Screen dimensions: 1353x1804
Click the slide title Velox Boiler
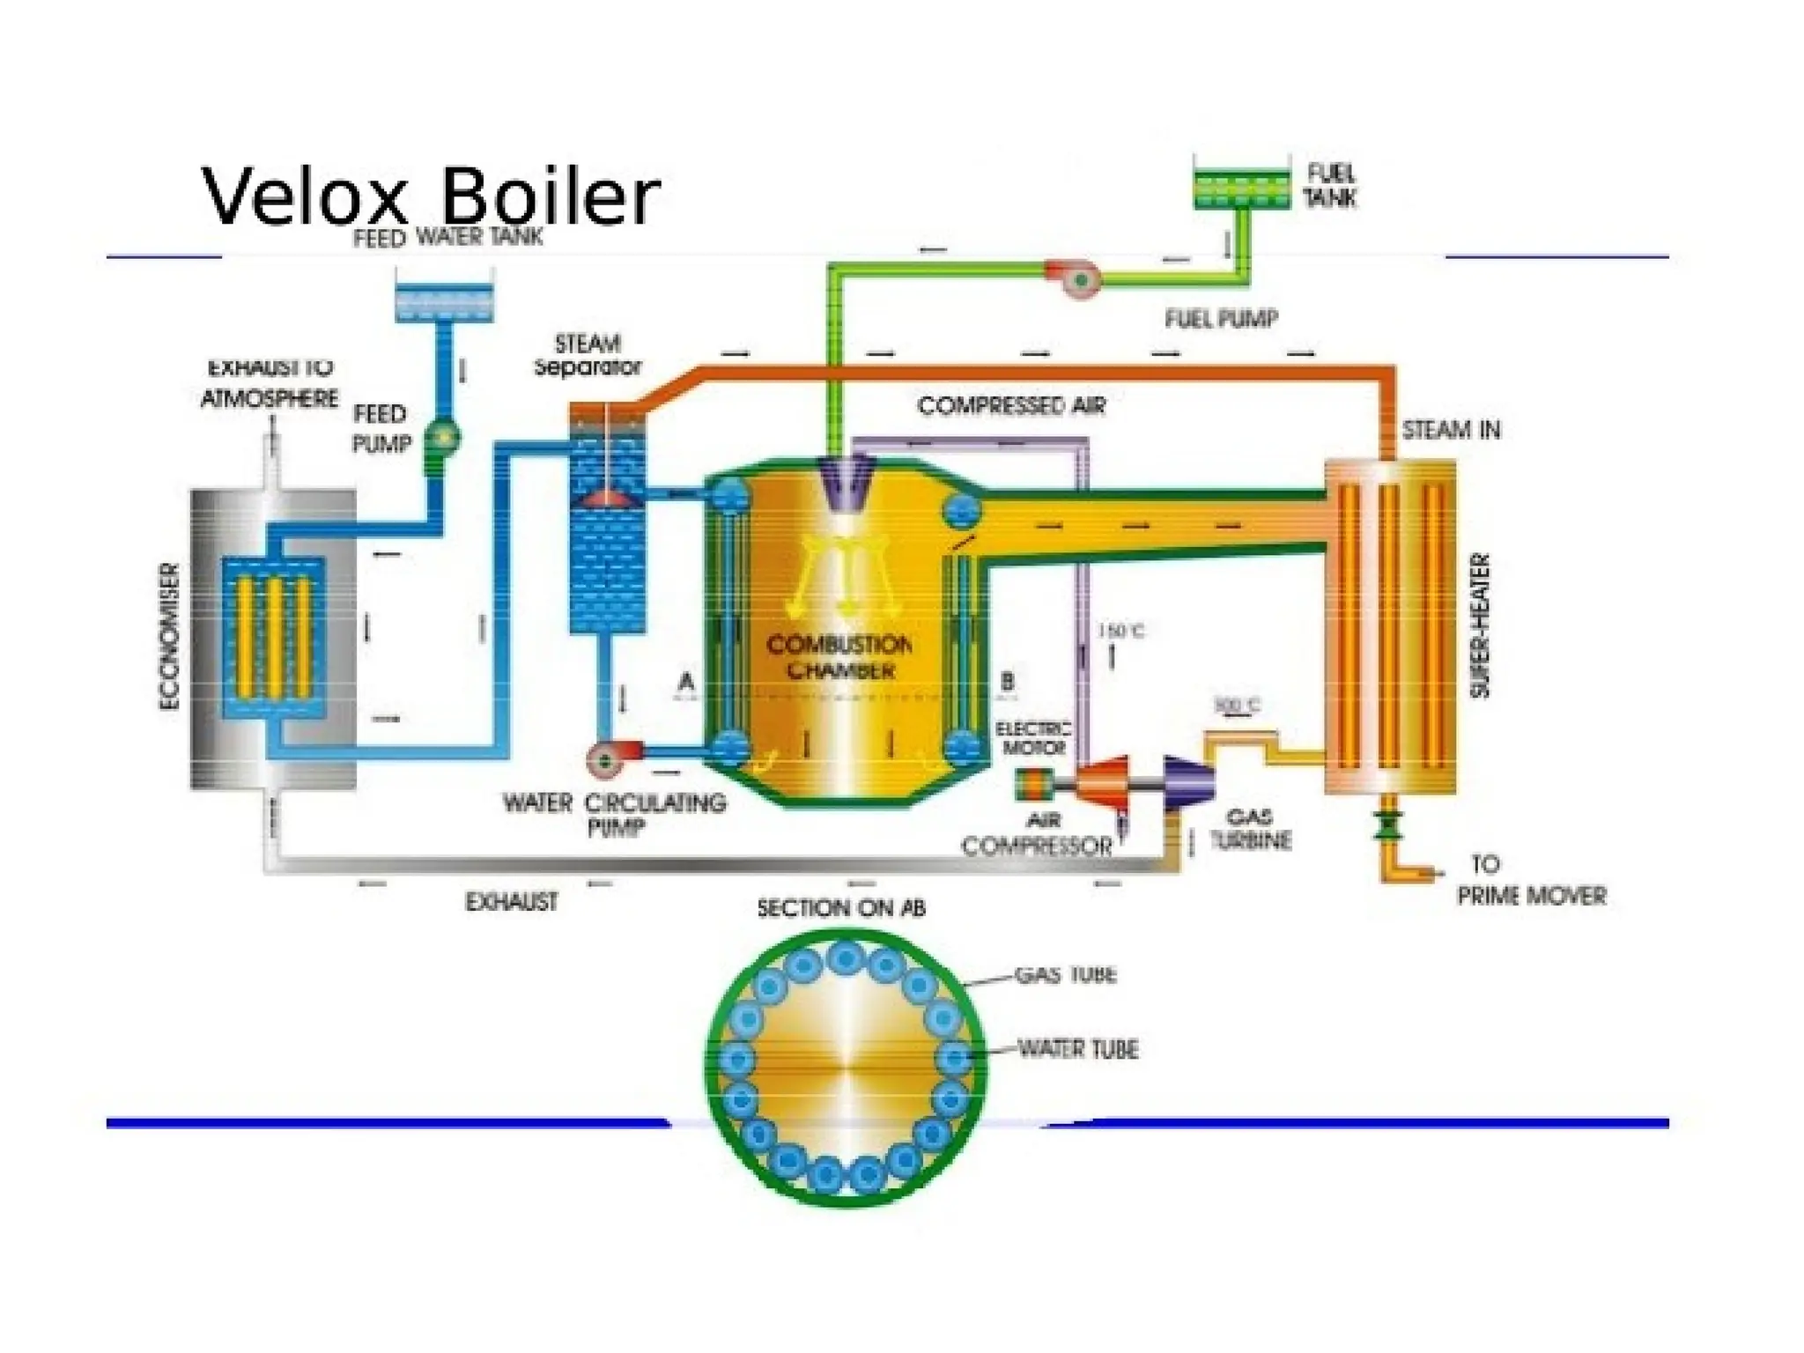coord(431,195)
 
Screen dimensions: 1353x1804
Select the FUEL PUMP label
coord(1221,319)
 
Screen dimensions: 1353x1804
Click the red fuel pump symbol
coord(1076,278)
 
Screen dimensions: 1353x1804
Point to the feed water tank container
coord(443,301)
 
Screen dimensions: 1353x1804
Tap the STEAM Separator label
coord(588,355)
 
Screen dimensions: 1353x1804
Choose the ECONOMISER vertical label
coord(170,637)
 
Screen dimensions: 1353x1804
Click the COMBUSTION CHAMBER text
coord(839,657)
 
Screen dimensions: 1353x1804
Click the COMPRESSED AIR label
coord(1011,406)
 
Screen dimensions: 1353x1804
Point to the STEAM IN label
coord(1451,430)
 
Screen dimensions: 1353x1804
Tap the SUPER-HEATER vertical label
coord(1482,626)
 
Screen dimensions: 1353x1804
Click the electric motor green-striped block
coord(1034,785)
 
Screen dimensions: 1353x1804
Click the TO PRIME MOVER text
coord(1530,880)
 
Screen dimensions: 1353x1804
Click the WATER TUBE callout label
coord(1077,1049)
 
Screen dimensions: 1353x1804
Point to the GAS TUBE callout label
coord(1065,975)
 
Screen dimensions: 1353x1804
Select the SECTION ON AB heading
coord(841,908)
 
